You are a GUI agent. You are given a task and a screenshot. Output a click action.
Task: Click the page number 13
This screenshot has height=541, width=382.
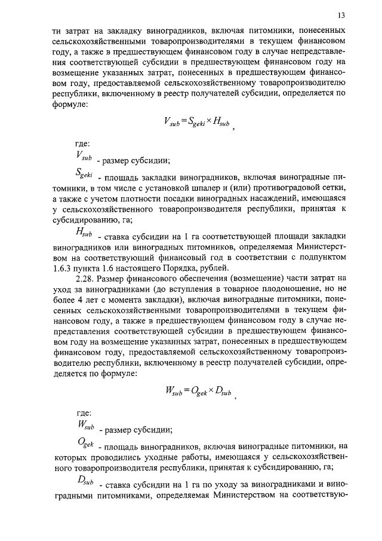coord(341,16)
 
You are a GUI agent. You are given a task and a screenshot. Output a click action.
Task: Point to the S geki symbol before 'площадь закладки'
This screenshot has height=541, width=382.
coord(82,175)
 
